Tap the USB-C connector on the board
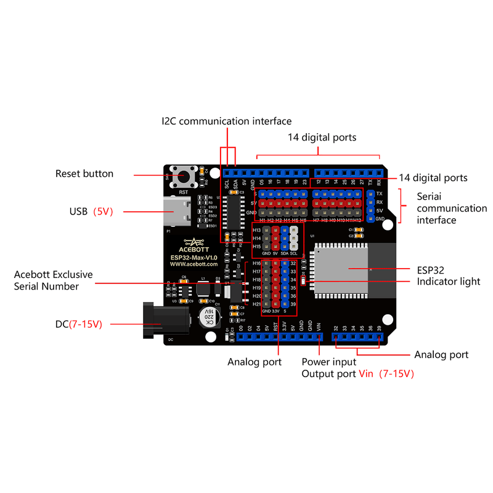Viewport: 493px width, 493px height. [177, 211]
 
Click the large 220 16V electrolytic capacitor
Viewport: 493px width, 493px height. [208, 318]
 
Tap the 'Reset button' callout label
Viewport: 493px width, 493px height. [84, 174]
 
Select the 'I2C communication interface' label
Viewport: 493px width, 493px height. [226, 121]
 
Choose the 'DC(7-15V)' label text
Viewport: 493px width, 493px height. [78, 323]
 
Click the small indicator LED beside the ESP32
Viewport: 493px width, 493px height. [303, 282]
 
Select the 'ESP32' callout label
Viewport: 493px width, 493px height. [413, 269]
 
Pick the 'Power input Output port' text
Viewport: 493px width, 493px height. [328, 368]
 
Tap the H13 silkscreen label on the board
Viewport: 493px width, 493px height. [257, 230]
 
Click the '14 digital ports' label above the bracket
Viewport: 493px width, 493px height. [322, 137]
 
